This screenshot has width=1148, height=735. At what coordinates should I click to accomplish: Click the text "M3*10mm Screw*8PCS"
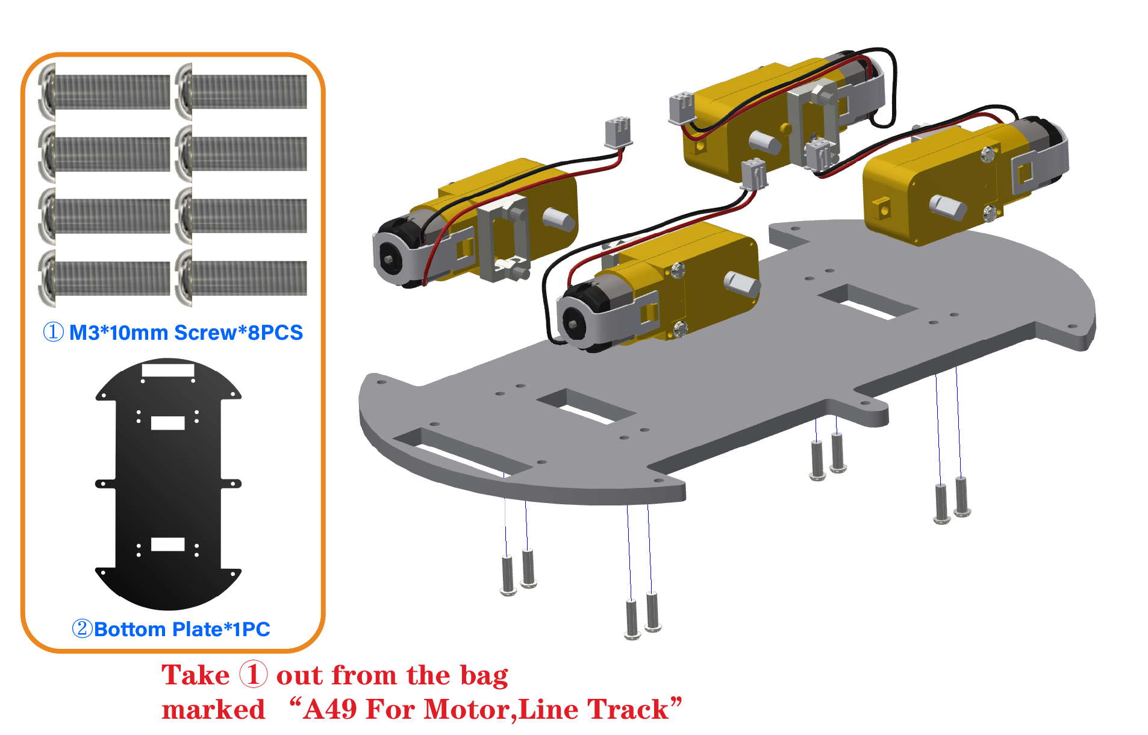click(x=186, y=333)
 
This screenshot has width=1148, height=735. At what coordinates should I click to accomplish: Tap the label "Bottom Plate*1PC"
click(x=182, y=629)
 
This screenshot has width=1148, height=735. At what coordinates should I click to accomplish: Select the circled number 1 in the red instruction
click(x=253, y=674)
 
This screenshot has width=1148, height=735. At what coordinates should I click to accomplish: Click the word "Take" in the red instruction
click(x=196, y=675)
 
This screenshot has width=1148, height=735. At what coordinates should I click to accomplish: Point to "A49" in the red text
click(x=330, y=709)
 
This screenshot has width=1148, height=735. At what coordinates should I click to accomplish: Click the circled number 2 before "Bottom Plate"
click(x=82, y=629)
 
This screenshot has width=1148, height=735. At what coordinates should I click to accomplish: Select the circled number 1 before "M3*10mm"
click(x=54, y=332)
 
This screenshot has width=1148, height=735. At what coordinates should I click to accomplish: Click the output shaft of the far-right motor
click(x=948, y=207)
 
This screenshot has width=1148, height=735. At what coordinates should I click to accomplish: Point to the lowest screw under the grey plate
click(x=632, y=620)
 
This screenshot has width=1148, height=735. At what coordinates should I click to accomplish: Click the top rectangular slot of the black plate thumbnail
click(x=168, y=371)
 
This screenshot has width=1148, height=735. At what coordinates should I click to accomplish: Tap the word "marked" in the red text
click(x=213, y=710)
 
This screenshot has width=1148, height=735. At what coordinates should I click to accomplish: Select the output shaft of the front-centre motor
click(x=741, y=283)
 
